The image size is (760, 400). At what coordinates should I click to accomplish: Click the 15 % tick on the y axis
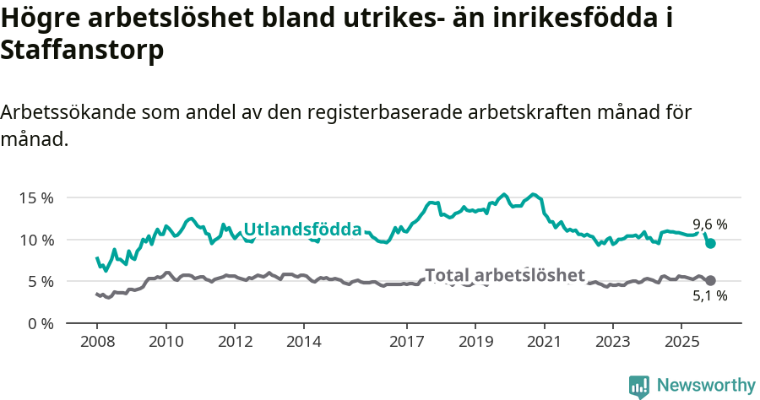coord(35,197)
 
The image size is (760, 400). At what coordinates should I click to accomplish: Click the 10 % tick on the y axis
coord(35,240)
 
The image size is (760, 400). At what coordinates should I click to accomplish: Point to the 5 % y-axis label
coord(39,281)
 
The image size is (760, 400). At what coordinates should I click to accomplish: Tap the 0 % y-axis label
coord(39,323)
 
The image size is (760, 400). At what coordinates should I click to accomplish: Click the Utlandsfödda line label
coord(302,229)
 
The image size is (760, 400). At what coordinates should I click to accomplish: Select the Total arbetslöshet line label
coord(504,275)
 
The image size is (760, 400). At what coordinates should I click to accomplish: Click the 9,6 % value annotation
coord(709,224)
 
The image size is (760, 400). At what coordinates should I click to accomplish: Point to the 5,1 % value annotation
coord(709,296)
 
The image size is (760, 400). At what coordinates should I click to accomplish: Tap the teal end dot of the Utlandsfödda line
coord(710,243)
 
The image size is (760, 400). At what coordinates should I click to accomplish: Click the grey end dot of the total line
coord(710,280)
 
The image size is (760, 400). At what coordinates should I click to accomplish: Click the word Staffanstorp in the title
coord(83,51)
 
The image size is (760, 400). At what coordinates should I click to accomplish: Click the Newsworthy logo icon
coord(639,386)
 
